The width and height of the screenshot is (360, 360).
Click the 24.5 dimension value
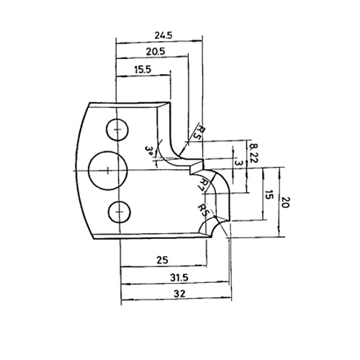coord(163,35)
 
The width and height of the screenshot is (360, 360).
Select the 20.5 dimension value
coord(156,52)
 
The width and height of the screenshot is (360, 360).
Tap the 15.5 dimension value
coord(143,70)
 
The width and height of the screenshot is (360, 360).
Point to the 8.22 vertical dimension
coord(254,153)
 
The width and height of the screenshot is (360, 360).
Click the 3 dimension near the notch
coord(238,163)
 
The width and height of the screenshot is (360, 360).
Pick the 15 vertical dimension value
coord(270,195)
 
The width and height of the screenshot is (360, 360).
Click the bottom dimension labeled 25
coord(163,260)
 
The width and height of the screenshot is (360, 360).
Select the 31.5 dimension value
coord(179,278)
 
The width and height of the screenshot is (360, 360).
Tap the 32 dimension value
coord(179,294)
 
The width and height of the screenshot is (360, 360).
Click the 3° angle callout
coord(149,151)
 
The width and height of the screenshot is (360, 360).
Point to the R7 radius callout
coord(204,184)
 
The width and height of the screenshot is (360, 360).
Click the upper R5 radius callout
coord(202,132)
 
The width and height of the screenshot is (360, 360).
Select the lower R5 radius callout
coord(203,210)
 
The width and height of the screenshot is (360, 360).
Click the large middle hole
coord(108,171)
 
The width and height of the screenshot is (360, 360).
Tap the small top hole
coord(117,130)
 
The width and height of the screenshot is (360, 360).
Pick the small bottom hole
coord(120,212)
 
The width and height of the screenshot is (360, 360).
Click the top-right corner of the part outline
coord(170,102)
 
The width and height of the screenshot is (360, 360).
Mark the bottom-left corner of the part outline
coord(94,239)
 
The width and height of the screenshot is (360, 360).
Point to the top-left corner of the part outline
coord(89,103)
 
